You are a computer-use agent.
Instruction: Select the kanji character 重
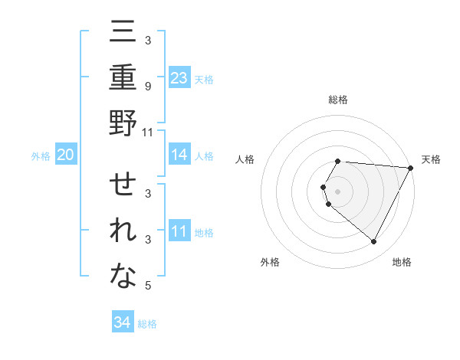[x=123, y=77]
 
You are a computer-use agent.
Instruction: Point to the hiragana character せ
[x=123, y=186]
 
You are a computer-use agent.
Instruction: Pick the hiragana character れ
[x=123, y=231]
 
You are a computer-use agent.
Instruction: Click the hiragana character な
[x=123, y=277]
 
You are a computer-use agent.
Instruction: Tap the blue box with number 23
[x=179, y=77]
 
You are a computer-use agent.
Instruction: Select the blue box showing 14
[x=179, y=155]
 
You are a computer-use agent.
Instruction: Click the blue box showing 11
[x=179, y=231]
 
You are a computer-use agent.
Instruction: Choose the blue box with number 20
[x=65, y=155]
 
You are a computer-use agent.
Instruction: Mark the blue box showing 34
[x=122, y=322]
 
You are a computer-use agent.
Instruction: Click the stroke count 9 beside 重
[x=147, y=85]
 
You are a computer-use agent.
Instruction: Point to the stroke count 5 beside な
[x=147, y=286]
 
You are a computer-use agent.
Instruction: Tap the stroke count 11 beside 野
[x=148, y=132]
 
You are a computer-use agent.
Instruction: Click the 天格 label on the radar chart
[x=431, y=159]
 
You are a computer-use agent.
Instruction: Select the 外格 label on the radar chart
[x=270, y=262]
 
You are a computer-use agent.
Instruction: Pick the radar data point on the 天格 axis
[x=411, y=168]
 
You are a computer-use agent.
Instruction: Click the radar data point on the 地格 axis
[x=373, y=242]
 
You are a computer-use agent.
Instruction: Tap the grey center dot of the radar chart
[x=338, y=191]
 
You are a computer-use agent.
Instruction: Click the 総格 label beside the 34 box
[x=147, y=324]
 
